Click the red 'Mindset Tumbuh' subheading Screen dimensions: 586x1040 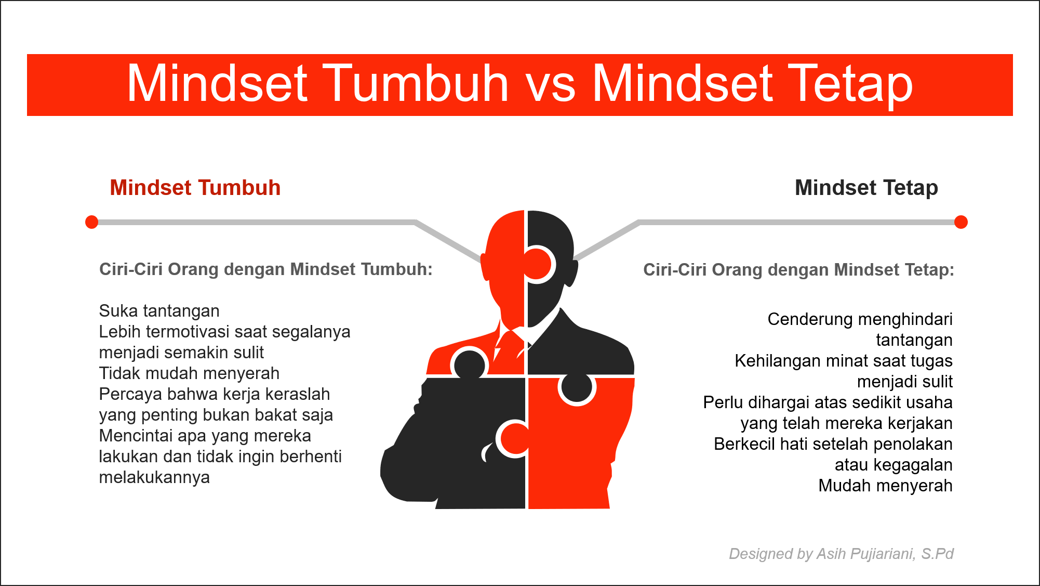(x=195, y=188)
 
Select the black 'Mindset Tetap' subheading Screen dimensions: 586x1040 (x=866, y=188)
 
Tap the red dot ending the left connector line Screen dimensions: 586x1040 (x=92, y=222)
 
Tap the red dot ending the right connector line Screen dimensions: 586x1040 (x=961, y=222)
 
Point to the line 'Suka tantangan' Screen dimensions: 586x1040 (x=159, y=311)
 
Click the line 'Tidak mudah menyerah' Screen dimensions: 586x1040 (x=189, y=373)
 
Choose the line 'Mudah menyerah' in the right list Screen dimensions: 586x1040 (x=885, y=486)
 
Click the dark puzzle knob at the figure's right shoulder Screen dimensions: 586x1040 (x=577, y=387)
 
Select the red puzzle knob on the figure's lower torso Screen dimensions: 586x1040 (x=515, y=438)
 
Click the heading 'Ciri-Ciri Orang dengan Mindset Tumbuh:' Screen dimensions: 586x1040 (x=265, y=269)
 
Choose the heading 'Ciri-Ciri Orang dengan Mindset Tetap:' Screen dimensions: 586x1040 (x=798, y=270)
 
